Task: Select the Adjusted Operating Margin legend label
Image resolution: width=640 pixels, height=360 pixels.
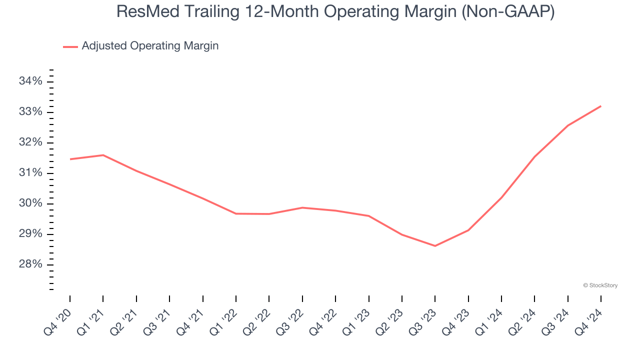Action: (150, 46)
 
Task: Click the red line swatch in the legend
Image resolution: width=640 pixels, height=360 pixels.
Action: (70, 46)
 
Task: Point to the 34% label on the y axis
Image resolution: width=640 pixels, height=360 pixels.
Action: (31, 81)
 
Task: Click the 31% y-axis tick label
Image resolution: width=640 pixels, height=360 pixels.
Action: (31, 173)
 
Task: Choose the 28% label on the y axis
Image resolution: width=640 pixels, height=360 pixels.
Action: (31, 264)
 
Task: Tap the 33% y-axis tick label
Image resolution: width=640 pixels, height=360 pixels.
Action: (31, 112)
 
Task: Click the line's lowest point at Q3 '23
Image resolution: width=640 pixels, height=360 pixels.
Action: (435, 245)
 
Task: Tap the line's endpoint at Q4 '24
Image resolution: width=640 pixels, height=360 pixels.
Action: (600, 106)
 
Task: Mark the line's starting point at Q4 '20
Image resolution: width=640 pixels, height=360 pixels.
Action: (70, 159)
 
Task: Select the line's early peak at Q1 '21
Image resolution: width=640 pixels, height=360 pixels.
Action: (103, 155)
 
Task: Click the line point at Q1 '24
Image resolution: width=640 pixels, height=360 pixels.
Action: (501, 197)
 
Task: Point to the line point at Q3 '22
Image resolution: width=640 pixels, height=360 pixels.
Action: (302, 207)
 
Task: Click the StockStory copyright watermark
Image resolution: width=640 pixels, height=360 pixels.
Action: (600, 285)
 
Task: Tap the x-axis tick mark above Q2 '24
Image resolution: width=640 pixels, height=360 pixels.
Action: (534, 298)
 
